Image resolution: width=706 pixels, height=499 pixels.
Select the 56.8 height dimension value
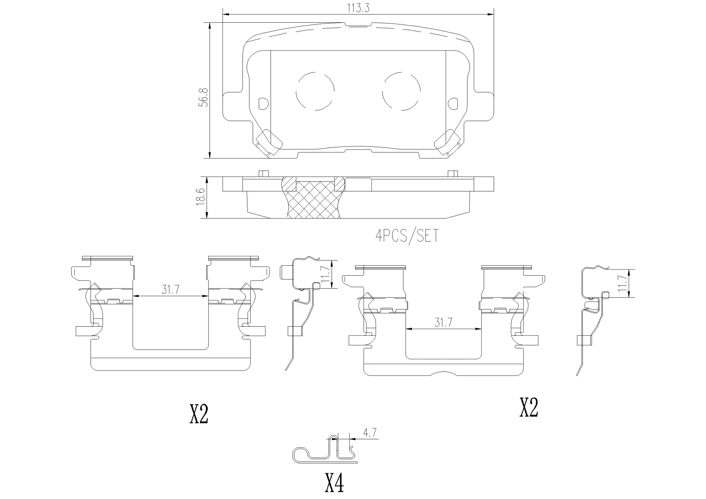pos(203,97)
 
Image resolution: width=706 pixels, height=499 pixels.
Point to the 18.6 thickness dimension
pos(200,197)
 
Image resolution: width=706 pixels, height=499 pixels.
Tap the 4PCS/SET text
pos(407,236)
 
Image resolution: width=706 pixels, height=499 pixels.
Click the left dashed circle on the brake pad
pos(315,91)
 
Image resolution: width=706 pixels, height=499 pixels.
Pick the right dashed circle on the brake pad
pos(401,91)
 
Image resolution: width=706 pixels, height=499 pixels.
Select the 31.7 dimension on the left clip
pos(170,290)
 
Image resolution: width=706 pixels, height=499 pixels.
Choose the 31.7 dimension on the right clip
pos(443,323)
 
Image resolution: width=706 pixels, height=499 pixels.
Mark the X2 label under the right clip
pos(529,407)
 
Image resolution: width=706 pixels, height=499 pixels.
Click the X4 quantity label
pos(334,483)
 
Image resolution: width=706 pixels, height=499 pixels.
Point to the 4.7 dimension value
pos(370,433)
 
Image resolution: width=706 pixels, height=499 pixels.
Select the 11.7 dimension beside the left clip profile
pos(325,274)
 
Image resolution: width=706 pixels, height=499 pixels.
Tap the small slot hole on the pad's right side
pos(453,103)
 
